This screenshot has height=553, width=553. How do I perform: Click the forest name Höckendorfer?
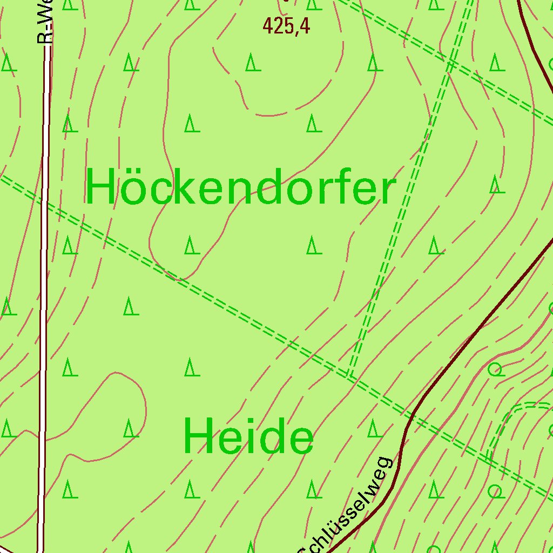tap(241, 187)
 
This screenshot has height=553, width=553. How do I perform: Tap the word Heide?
tap(248, 436)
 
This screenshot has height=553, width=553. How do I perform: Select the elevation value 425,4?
tap(286, 25)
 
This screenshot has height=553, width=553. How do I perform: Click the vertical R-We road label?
tap(45, 22)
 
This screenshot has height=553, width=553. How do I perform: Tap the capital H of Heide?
tap(198, 436)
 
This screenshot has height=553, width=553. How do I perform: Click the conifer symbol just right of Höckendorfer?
tap(497, 185)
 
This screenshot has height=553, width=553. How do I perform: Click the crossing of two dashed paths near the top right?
tap(449, 64)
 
